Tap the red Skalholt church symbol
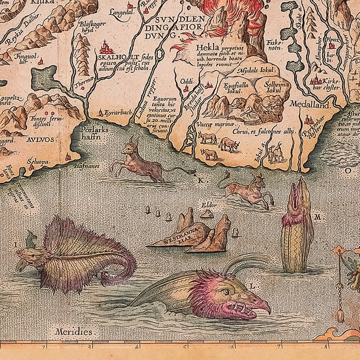point(107,47)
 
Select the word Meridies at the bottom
point(74,332)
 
